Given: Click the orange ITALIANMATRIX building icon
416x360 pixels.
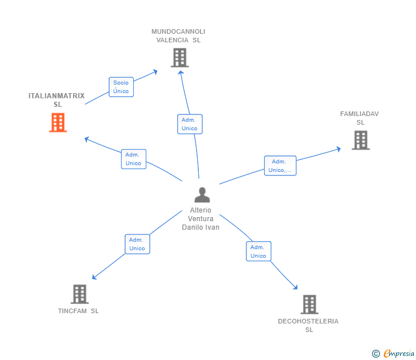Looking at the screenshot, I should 58,122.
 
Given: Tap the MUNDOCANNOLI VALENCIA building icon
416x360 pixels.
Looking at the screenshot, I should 179,58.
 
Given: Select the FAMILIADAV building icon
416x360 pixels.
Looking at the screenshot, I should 361,140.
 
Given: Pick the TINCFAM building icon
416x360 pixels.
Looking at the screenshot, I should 79,294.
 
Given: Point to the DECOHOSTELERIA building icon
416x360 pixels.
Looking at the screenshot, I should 309,305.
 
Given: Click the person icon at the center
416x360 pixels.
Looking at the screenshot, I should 202,195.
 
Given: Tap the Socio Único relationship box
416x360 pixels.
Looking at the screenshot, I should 121,87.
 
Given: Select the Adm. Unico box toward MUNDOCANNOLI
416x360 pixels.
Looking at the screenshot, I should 190,124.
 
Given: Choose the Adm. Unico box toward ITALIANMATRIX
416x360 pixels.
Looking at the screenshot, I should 134,159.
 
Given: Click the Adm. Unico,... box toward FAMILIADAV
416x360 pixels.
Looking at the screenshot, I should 280,166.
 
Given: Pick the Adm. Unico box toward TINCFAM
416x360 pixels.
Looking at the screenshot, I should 137,244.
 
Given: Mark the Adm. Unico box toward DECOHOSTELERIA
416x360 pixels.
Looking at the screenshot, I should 258,251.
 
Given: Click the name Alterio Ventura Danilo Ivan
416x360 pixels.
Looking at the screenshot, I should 201,219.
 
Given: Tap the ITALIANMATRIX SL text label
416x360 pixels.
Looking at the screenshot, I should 57,100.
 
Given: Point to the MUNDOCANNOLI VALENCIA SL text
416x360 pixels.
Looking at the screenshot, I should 178,36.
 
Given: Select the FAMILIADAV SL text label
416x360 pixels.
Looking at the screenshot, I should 359,118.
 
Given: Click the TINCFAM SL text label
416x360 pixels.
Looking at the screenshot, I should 78,311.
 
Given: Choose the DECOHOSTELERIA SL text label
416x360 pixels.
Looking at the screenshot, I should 308,325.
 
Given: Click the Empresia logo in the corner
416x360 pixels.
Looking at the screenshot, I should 394,353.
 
